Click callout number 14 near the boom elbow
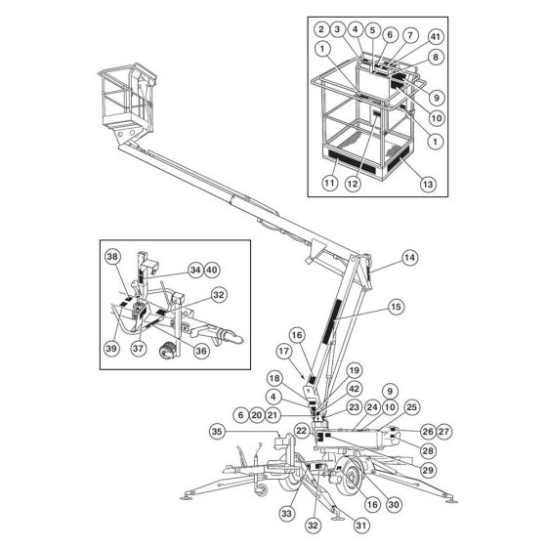[x=409, y=257]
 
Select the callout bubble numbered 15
[x=396, y=307]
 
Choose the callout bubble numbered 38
[x=112, y=257]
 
